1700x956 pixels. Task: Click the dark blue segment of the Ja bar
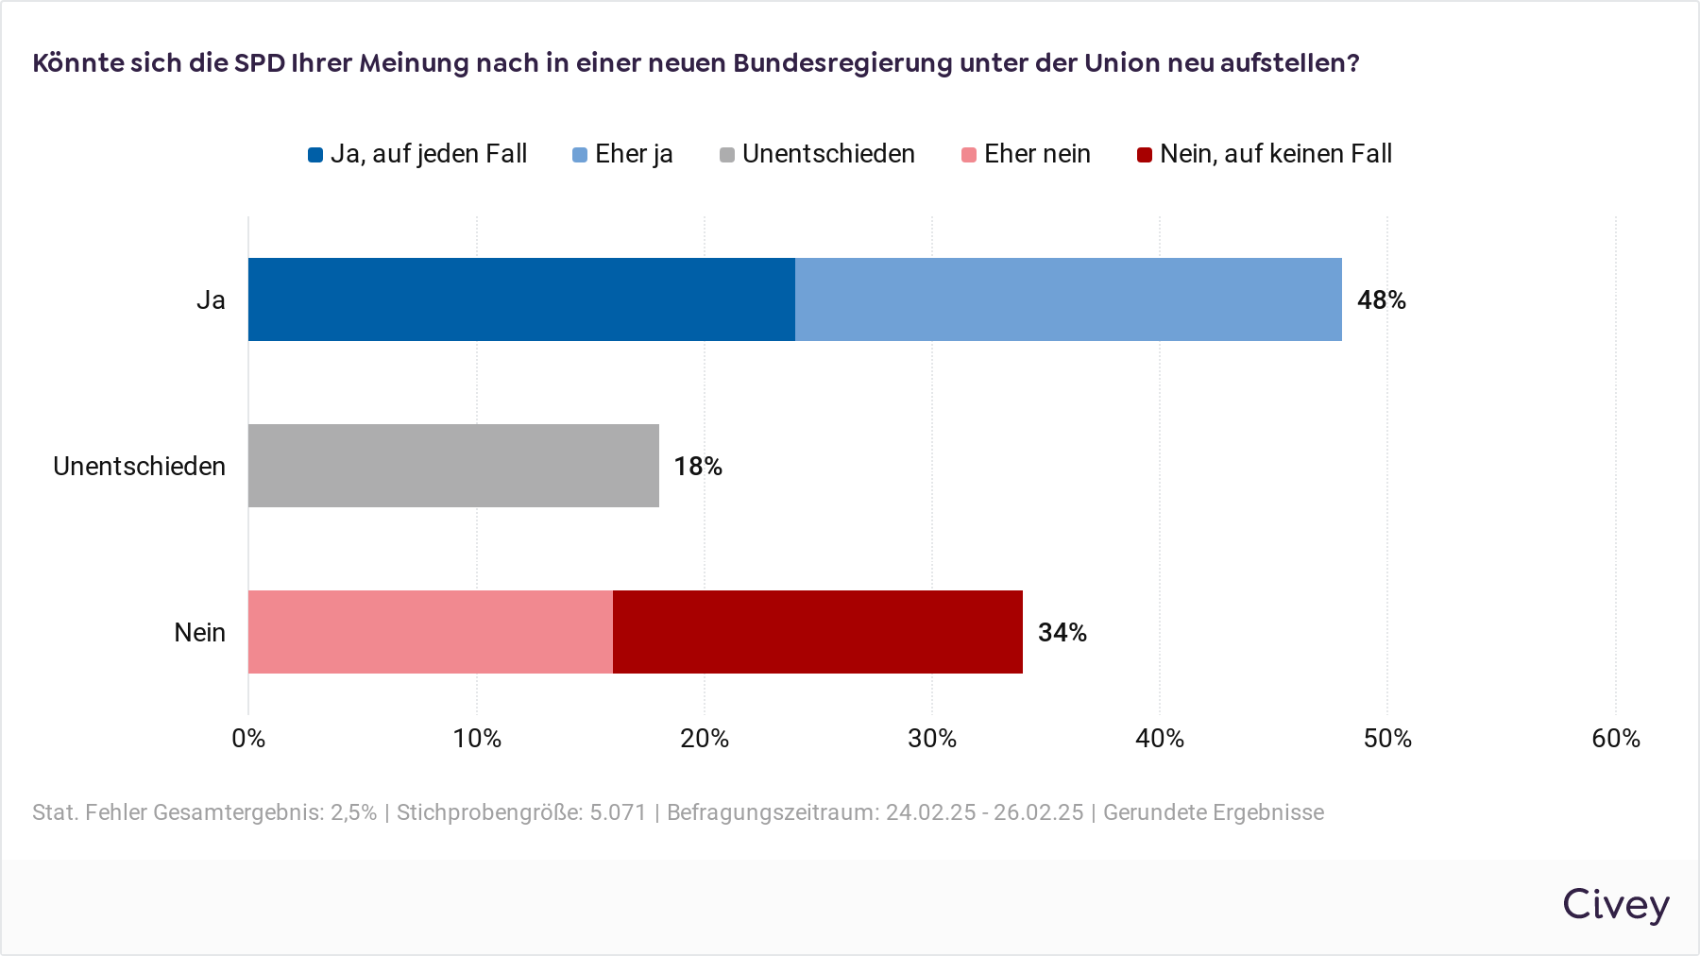pos(521,299)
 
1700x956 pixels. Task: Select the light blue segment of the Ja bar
pos(1068,299)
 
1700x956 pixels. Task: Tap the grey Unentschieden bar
pos(453,466)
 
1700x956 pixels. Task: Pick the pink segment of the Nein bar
pos(431,632)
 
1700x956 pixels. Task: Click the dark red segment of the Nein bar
pos(818,632)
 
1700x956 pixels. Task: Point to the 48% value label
pos(1381,300)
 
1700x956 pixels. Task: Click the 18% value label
pos(698,467)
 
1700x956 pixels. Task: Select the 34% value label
pos(1062,633)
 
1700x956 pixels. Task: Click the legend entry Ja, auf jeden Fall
pos(417,154)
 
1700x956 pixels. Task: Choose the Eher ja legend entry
pos(623,154)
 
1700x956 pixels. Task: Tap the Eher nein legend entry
pos(1027,154)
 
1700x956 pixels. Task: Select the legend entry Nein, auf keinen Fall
pos(1265,154)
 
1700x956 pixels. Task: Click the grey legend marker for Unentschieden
pos(727,155)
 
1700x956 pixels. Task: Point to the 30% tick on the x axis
pos(932,739)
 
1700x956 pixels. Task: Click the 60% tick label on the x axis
pos(1615,739)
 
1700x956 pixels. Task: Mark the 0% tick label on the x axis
pos(248,739)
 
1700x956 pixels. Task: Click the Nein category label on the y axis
pos(199,633)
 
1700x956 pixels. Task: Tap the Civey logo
pos(1615,905)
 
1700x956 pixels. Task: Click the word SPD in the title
pos(260,63)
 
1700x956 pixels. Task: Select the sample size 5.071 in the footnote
pos(618,812)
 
